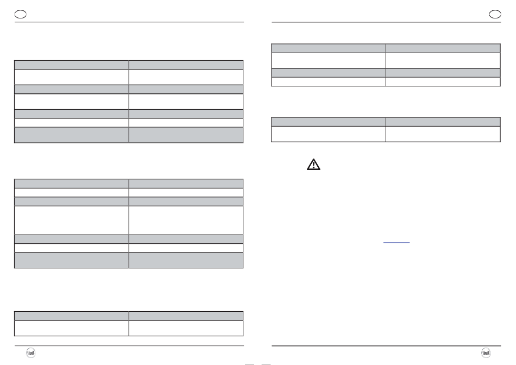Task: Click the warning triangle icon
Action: pyautogui.click(x=313, y=165)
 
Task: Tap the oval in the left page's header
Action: pyautogui.click(x=20, y=14)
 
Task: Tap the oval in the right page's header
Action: pyautogui.click(x=495, y=14)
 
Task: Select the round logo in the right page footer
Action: pyautogui.click(x=486, y=353)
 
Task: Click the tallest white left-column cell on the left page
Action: pyautogui.click(x=72, y=220)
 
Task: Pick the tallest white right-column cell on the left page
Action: pyautogui.click(x=186, y=220)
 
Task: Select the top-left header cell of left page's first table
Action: pyautogui.click(x=72, y=64)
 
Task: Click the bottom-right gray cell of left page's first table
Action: pyautogui.click(x=186, y=135)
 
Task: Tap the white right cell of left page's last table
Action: pyautogui.click(x=186, y=328)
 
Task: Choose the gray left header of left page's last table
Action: pyautogui.click(x=72, y=316)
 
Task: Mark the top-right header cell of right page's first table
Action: pyautogui.click(x=443, y=48)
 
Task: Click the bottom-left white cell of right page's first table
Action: pyautogui.click(x=329, y=81)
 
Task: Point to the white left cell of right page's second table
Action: pyautogui.click(x=329, y=134)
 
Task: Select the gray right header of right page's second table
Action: pyautogui.click(x=443, y=122)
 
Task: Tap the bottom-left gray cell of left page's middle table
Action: pyautogui.click(x=72, y=260)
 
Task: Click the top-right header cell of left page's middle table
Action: pyautogui.click(x=186, y=183)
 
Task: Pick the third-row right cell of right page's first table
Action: pyautogui.click(x=443, y=72)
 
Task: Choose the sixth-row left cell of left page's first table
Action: pyautogui.click(x=72, y=123)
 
